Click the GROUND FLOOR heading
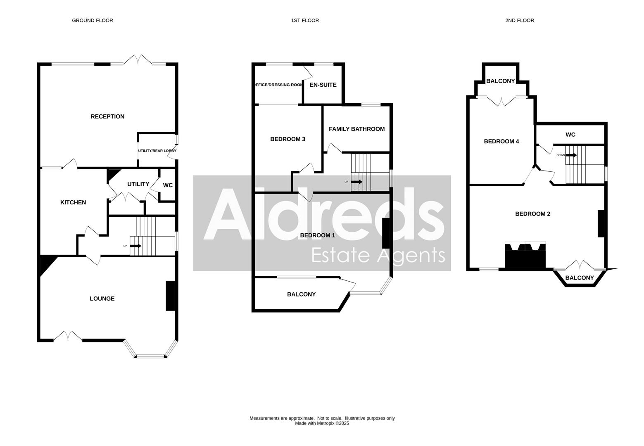92,20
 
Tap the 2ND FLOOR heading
519,20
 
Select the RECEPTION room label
107,116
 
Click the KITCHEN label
73,202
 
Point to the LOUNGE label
102,299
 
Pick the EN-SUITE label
323,85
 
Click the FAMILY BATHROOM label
356,129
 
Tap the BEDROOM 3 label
288,139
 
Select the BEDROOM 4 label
501,141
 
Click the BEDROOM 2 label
532,214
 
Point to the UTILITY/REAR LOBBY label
157,151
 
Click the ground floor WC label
168,185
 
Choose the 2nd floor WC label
570,135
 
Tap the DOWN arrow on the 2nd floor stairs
571,155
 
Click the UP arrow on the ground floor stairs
135,246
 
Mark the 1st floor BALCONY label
301,294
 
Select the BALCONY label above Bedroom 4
500,81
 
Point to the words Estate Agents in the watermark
378,255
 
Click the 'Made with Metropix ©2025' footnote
322,423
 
